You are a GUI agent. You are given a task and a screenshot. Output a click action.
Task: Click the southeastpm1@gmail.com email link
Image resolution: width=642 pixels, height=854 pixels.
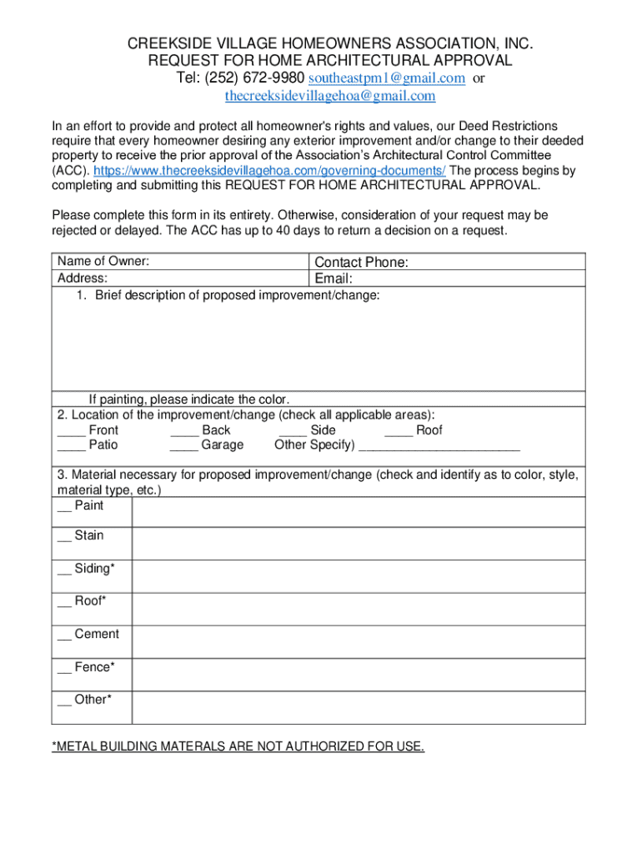pos(386,78)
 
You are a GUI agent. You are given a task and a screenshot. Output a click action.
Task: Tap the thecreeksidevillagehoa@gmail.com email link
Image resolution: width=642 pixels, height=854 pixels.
pos(330,96)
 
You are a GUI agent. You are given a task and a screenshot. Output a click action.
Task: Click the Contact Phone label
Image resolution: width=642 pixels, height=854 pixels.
pos(361,263)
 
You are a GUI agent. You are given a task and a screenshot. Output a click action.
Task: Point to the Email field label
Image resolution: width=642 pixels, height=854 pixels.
pos(334,279)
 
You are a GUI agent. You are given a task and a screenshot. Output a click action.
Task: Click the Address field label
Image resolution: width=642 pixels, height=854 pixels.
pos(82,279)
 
